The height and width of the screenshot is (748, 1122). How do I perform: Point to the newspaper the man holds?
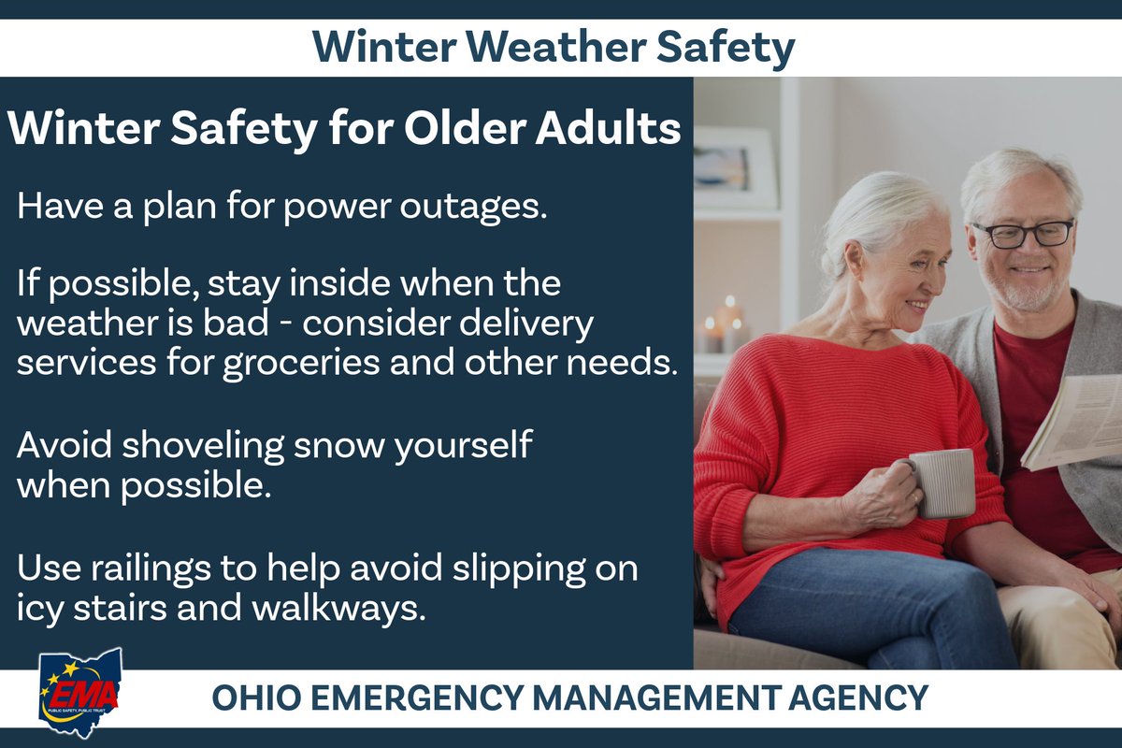(x=1075, y=421)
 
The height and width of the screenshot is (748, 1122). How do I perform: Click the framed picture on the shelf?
(x=734, y=168)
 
